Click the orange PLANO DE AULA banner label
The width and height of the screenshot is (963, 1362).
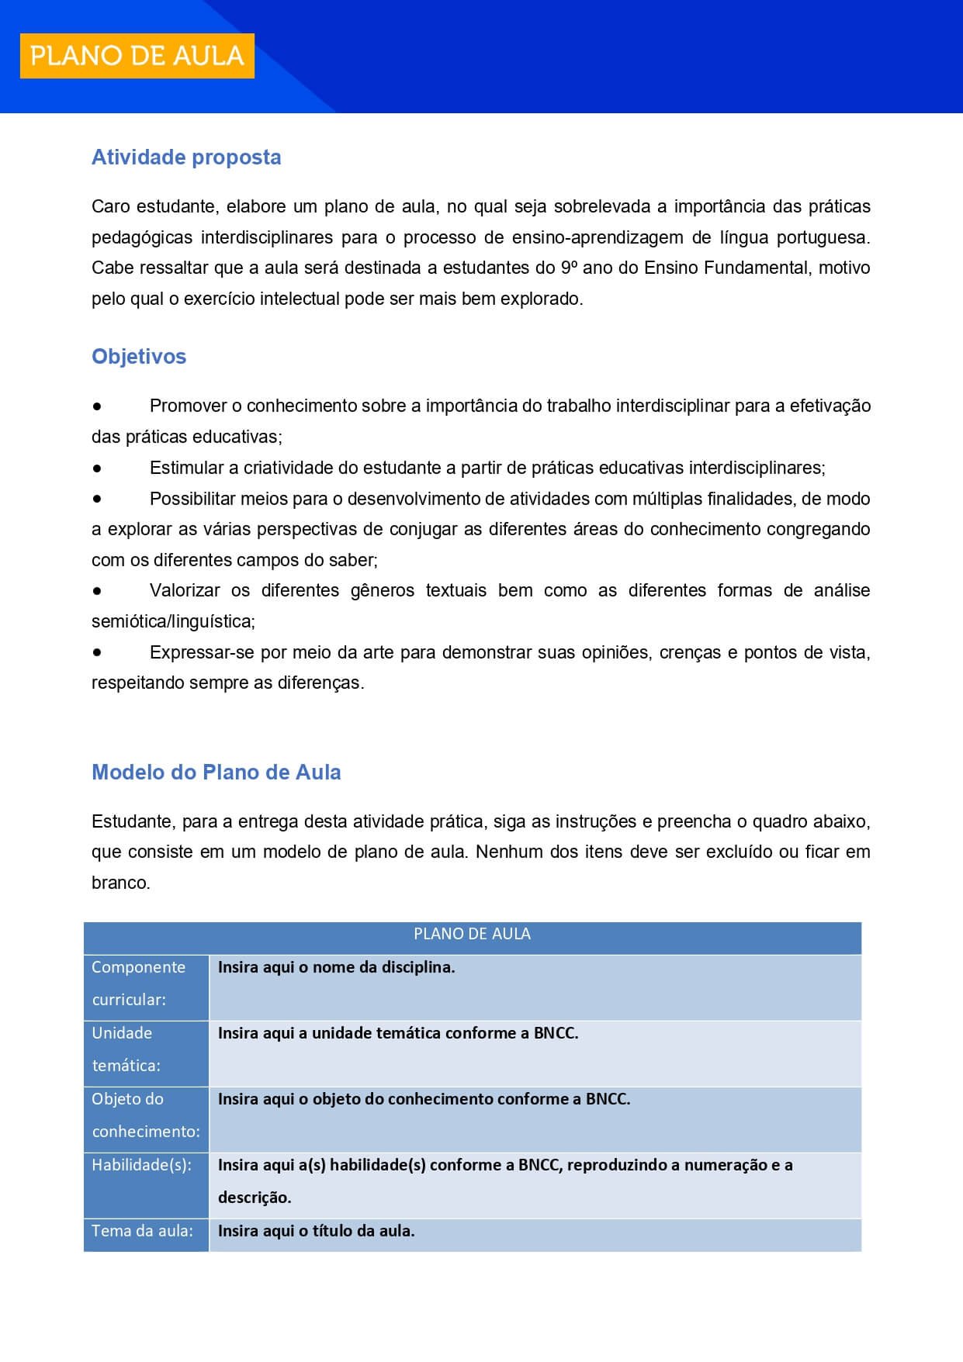click(137, 56)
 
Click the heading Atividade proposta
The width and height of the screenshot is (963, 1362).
click(186, 157)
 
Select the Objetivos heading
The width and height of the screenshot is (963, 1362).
click(139, 357)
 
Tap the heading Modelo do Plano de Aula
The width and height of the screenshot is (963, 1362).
click(217, 773)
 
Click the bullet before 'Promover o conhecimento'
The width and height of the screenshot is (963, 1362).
click(97, 406)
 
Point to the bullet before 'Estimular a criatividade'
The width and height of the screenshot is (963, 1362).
click(97, 468)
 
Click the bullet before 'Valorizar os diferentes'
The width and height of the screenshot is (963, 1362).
click(97, 591)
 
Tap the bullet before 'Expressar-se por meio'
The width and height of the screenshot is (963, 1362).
click(97, 653)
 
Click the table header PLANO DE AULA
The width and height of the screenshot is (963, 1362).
click(472, 935)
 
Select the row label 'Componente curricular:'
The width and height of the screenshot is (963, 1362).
click(139, 983)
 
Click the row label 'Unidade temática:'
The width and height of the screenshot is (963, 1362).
click(126, 1049)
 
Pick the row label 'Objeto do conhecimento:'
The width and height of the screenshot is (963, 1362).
click(146, 1115)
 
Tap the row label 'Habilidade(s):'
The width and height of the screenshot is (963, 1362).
click(141, 1165)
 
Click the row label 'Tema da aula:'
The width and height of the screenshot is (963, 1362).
click(142, 1231)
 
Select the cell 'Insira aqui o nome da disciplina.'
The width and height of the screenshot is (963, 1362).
click(336, 968)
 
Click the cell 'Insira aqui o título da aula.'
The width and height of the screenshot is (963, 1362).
click(316, 1232)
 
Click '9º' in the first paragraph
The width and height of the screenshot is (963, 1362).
click(569, 268)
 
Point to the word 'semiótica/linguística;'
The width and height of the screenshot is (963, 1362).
click(173, 622)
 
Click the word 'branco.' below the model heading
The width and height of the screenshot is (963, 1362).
click(120, 883)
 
